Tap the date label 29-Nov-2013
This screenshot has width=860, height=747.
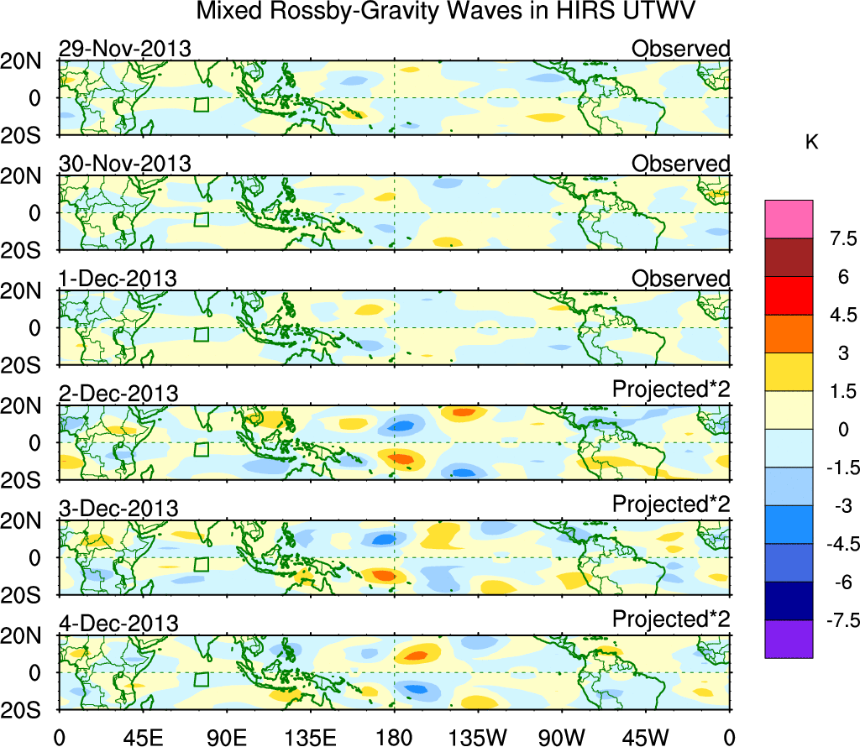tap(125, 49)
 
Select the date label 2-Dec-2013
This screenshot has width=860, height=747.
tap(118, 394)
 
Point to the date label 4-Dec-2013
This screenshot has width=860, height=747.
tap(118, 624)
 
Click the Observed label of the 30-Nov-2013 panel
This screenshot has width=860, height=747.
tap(680, 164)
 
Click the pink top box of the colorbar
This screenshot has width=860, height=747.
tap(789, 218)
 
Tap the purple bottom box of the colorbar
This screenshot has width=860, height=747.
tap(789, 639)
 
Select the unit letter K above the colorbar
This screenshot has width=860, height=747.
tap(811, 143)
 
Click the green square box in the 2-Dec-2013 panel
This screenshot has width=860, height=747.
tap(202, 449)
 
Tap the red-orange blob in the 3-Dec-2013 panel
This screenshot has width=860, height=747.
tap(385, 576)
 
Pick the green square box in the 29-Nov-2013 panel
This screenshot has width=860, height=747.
tap(202, 104)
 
